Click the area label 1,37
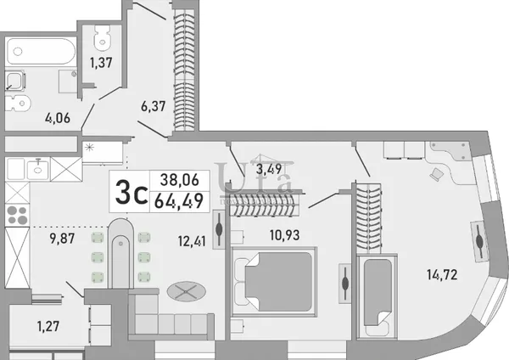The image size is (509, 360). pyautogui.click(x=101, y=62)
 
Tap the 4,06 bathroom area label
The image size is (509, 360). pyautogui.click(x=58, y=118)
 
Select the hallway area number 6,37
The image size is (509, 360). pyautogui.click(x=154, y=106)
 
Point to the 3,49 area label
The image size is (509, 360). pyautogui.click(x=269, y=169)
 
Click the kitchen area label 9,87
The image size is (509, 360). pyautogui.click(x=62, y=239)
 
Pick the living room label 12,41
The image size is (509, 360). pyautogui.click(x=192, y=241)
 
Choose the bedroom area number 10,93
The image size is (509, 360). pyautogui.click(x=285, y=234)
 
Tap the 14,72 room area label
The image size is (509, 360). pyautogui.click(x=442, y=274)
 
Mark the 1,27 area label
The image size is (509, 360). pyautogui.click(x=48, y=326)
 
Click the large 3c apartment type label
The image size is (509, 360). pyautogui.click(x=131, y=193)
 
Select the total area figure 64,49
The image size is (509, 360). pyautogui.click(x=179, y=200)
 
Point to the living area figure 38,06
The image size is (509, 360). pyautogui.click(x=180, y=180)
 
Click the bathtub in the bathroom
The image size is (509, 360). pyautogui.click(x=41, y=51)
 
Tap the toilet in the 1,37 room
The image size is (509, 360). pyautogui.click(x=103, y=38)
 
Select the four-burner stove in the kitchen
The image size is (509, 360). pyautogui.click(x=17, y=215)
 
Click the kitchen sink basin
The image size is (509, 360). pyautogui.click(x=37, y=169)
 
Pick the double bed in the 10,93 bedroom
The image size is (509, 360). pyautogui.click(x=274, y=282)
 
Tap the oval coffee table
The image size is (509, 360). pyautogui.click(x=187, y=291)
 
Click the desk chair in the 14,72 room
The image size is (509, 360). pyautogui.click(x=437, y=174)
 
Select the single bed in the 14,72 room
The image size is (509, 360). pyautogui.click(x=378, y=296)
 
